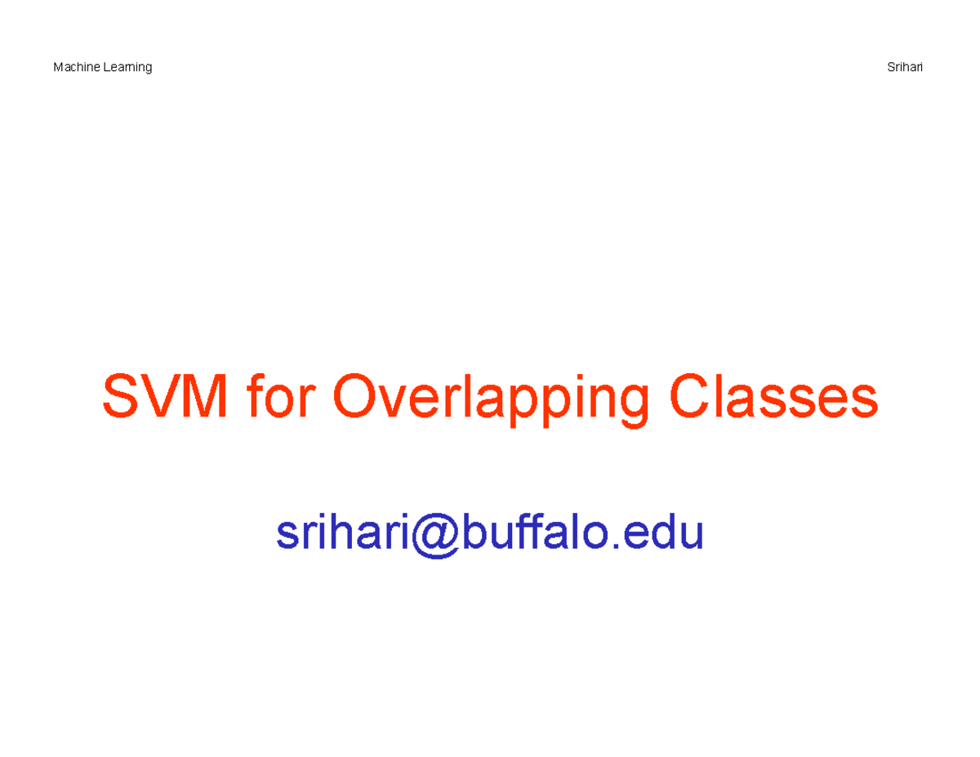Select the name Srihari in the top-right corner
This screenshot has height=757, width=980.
(905, 67)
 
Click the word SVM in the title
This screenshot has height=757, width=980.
(164, 397)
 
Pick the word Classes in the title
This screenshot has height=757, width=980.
(773, 397)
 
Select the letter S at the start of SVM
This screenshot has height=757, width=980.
(120, 397)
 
